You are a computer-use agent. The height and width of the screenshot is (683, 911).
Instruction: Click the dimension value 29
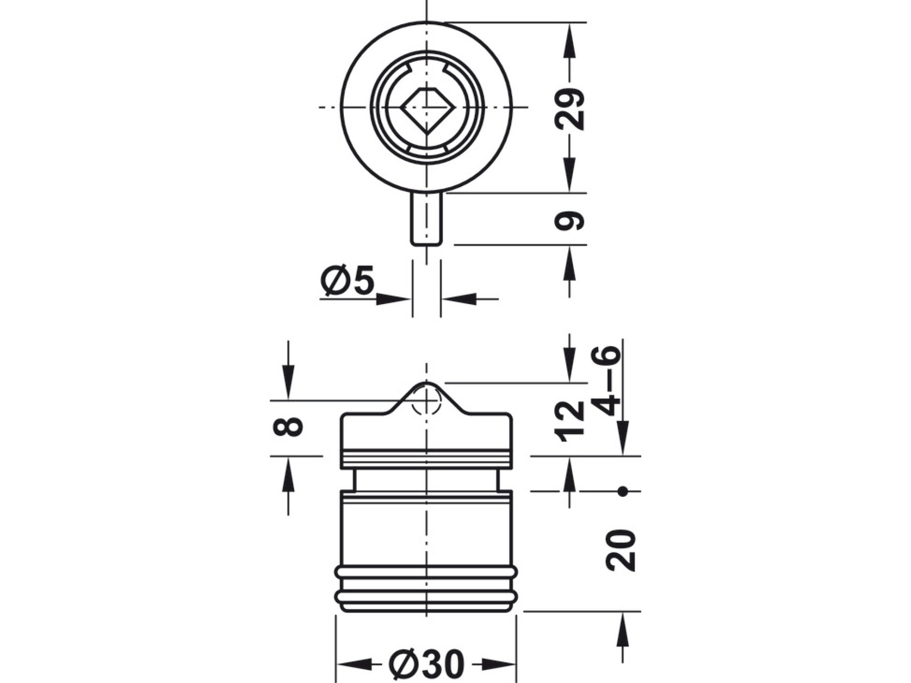[x=570, y=109]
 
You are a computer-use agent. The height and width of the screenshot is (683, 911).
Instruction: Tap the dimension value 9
[x=570, y=221]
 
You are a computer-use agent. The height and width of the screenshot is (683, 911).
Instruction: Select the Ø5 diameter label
[x=348, y=280]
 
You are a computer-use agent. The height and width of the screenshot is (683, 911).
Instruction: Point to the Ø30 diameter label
[x=427, y=664]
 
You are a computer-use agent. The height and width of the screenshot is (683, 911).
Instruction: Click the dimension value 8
[x=288, y=426]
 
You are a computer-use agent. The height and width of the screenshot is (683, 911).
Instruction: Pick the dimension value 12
[x=570, y=421]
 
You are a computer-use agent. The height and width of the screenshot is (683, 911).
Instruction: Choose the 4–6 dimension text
[x=606, y=380]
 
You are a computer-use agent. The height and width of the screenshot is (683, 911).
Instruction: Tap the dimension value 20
[x=621, y=550]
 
